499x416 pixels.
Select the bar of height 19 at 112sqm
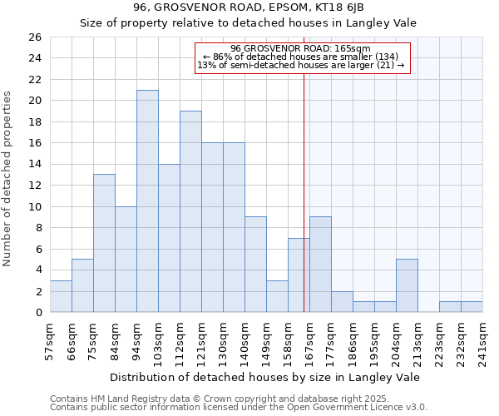(x=190, y=211)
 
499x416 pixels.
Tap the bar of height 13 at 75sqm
(x=104, y=243)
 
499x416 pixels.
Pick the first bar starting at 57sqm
(x=61, y=296)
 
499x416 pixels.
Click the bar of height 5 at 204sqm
(x=407, y=285)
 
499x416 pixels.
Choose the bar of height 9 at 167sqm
(x=320, y=265)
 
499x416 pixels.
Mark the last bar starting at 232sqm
(x=472, y=307)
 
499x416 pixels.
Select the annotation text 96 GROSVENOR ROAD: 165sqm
(x=300, y=48)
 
